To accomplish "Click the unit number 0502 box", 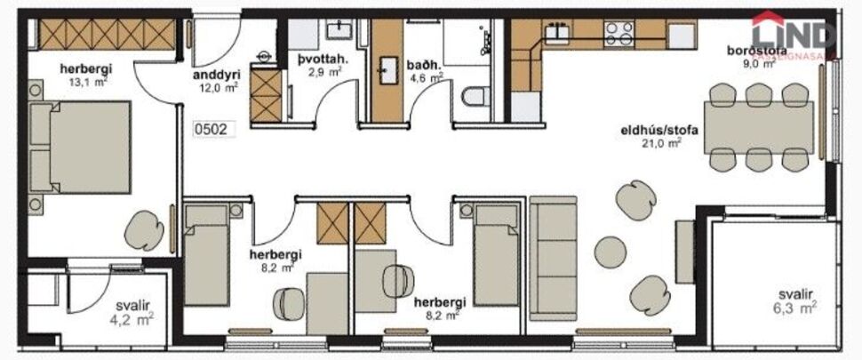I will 212,129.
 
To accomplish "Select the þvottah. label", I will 317,60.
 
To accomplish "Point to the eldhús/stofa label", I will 658,130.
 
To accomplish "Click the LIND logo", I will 795,31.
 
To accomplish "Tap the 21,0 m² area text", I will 663,142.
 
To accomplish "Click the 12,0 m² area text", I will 217,88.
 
